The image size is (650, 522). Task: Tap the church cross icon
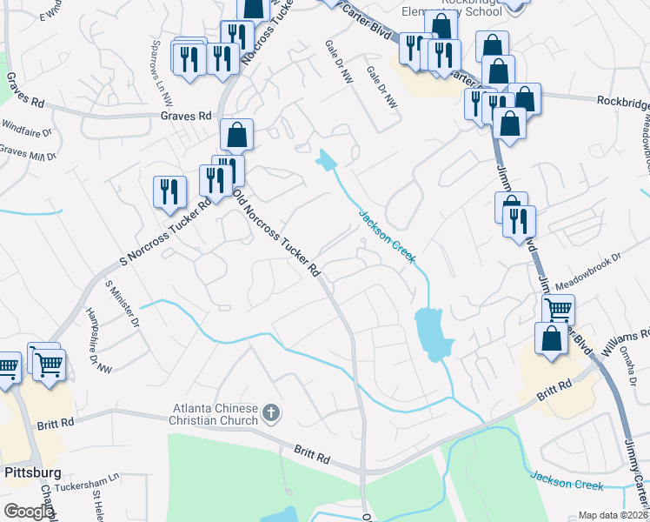pyautogui.click(x=271, y=412)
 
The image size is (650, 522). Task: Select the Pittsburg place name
pyautogui.click(x=32, y=473)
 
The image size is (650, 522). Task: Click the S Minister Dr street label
pyautogui.click(x=122, y=302)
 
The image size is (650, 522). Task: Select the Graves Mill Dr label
pyautogui.click(x=28, y=151)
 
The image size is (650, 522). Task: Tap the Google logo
pyautogui.click(x=28, y=511)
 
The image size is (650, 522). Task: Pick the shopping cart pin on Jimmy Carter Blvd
pyautogui.click(x=558, y=310)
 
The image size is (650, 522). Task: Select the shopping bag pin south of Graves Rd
pyautogui.click(x=236, y=136)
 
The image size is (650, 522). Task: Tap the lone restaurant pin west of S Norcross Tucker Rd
pyautogui.click(x=169, y=192)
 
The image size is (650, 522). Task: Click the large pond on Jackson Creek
pyautogui.click(x=430, y=332)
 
